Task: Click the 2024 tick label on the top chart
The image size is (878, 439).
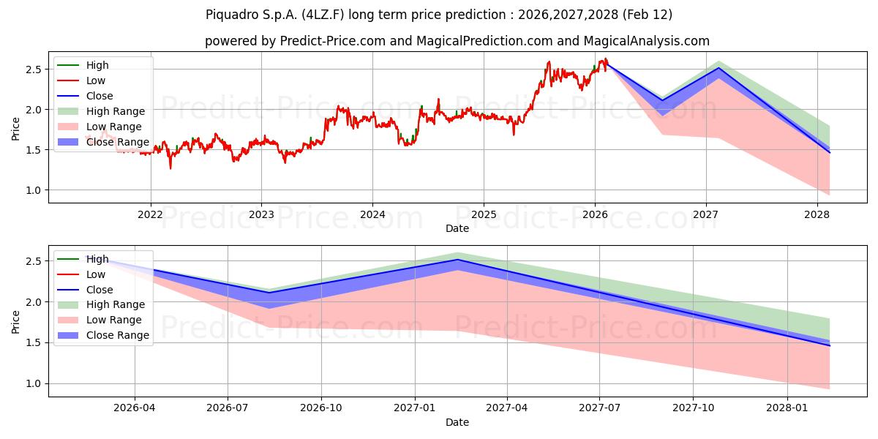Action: coord(372,214)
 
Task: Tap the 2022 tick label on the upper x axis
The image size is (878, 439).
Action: coord(151,214)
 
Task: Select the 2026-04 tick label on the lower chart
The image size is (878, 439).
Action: coord(135,408)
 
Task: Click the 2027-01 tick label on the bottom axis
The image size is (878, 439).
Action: coord(415,408)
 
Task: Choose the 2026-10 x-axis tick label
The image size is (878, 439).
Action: coord(321,408)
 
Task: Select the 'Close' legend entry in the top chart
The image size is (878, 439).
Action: coord(100,96)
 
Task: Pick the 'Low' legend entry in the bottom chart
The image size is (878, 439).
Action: coord(96,274)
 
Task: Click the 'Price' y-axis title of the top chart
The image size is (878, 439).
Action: coord(16,130)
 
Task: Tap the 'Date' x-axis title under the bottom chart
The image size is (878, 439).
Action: coord(457,422)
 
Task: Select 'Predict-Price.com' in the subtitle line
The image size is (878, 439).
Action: coord(333,41)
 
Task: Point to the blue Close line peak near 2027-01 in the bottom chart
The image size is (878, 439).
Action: coord(457,260)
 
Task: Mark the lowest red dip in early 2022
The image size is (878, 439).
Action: coord(171,169)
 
